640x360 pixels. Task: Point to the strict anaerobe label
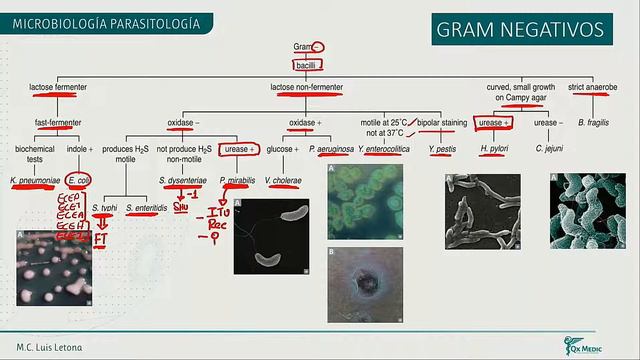pos(592,89)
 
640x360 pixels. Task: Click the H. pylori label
pos(495,149)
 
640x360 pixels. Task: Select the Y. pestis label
pos(442,149)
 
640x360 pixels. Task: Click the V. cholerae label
pos(283,181)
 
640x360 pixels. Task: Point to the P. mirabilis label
pos(235,181)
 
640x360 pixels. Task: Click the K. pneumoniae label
pos(33,181)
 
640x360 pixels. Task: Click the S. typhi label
pos(104,207)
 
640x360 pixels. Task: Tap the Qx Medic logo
pos(591,343)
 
